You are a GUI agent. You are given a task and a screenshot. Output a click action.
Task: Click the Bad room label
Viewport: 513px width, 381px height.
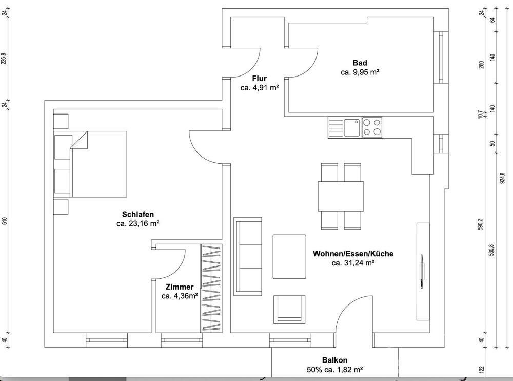(x=360, y=63)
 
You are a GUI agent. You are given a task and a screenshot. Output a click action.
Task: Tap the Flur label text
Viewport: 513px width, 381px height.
(x=259, y=78)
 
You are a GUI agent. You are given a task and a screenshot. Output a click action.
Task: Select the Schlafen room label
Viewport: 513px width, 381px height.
(x=137, y=214)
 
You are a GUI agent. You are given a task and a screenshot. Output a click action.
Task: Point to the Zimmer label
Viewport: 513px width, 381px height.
(x=179, y=287)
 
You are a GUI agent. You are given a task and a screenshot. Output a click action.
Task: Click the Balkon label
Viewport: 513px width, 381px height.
(x=334, y=360)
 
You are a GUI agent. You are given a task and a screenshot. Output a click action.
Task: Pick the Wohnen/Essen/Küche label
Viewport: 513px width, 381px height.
(x=353, y=253)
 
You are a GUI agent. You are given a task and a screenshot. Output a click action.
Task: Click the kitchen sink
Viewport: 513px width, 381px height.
(x=352, y=127)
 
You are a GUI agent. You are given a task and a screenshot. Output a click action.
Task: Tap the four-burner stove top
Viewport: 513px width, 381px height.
(x=372, y=127)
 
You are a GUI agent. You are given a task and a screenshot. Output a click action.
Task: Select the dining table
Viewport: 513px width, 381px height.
(x=341, y=196)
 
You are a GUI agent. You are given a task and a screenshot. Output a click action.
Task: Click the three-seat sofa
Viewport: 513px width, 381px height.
(x=248, y=256)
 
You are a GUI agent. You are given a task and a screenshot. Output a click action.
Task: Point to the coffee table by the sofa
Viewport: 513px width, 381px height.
(x=289, y=257)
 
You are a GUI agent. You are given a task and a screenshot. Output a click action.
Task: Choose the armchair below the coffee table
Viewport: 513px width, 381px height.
(x=289, y=309)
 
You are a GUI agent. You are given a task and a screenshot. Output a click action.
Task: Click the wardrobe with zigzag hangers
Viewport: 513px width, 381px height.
(x=211, y=288)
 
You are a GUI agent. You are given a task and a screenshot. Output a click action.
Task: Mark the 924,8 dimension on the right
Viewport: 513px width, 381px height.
(x=502, y=178)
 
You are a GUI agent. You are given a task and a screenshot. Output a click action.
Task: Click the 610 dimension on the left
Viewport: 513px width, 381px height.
(x=4, y=221)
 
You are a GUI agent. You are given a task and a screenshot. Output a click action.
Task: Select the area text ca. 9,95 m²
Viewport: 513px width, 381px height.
(x=360, y=72)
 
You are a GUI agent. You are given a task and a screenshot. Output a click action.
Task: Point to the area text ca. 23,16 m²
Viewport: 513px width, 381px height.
(x=137, y=224)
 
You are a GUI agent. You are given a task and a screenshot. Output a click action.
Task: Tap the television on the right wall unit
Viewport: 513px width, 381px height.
(x=421, y=271)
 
